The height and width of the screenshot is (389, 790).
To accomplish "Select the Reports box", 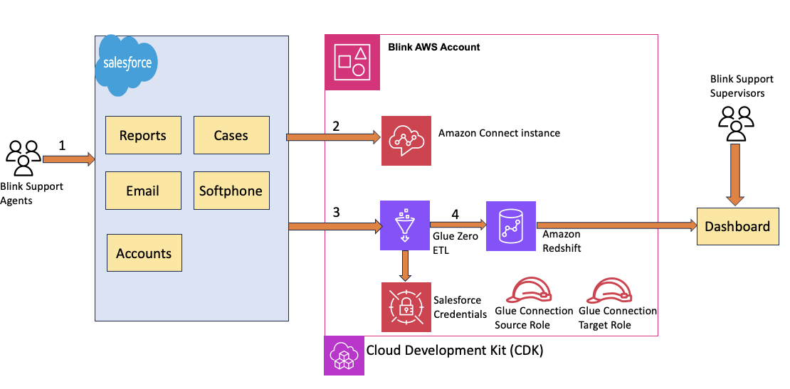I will point(142,135).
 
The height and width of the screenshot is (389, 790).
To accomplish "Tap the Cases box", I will point(231,135).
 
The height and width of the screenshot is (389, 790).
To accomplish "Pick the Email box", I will point(142,191).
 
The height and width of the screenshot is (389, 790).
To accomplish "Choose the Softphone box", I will point(231,191).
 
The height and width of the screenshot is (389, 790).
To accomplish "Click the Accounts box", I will point(144,253).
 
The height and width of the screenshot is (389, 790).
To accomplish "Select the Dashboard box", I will point(737,226).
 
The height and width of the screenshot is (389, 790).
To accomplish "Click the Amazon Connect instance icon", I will point(406,139).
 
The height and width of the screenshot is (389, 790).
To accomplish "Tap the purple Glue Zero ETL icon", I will point(404,226).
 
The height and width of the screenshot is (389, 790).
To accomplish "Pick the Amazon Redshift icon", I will point(510,226).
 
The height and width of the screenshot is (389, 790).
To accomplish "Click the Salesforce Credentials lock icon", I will point(406,307).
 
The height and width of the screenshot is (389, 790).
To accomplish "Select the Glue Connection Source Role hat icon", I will point(532,290).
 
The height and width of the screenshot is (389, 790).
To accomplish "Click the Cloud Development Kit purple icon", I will point(344,355).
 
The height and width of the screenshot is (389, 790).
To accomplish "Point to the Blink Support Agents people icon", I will point(23,157).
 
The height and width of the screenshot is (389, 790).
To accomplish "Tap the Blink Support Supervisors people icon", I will point(735,123).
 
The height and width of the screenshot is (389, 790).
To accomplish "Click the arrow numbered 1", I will point(68,159).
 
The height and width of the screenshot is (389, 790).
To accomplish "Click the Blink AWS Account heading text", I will point(434,47).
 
